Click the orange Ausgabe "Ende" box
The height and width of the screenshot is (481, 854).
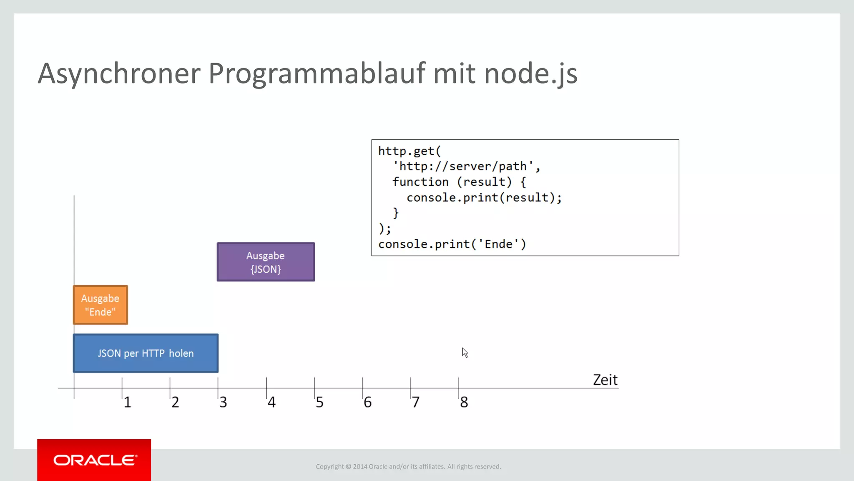click(x=100, y=305)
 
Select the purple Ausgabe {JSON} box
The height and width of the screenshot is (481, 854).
click(x=266, y=262)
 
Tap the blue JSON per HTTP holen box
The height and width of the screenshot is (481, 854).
click(x=146, y=353)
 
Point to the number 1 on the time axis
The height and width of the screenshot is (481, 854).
click(x=128, y=402)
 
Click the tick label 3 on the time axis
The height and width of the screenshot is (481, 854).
click(x=224, y=402)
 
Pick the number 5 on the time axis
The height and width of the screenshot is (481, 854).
click(x=319, y=402)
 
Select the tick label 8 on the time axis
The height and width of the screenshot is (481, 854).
click(x=464, y=402)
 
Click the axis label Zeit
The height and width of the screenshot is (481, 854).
click(x=605, y=380)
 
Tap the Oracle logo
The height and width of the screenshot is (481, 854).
click(x=94, y=460)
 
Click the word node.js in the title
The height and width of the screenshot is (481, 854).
click(x=530, y=73)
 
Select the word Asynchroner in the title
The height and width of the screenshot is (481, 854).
click(x=119, y=73)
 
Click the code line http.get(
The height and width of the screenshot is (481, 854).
click(x=409, y=151)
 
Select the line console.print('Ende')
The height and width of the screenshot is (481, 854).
click(x=452, y=244)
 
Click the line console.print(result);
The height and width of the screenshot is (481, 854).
click(x=484, y=197)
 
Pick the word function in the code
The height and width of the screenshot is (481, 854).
click(x=420, y=182)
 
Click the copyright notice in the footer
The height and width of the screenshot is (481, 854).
click(x=408, y=466)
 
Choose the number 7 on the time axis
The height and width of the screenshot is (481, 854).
click(x=416, y=402)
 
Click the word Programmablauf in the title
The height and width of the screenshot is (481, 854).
click(x=317, y=73)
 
